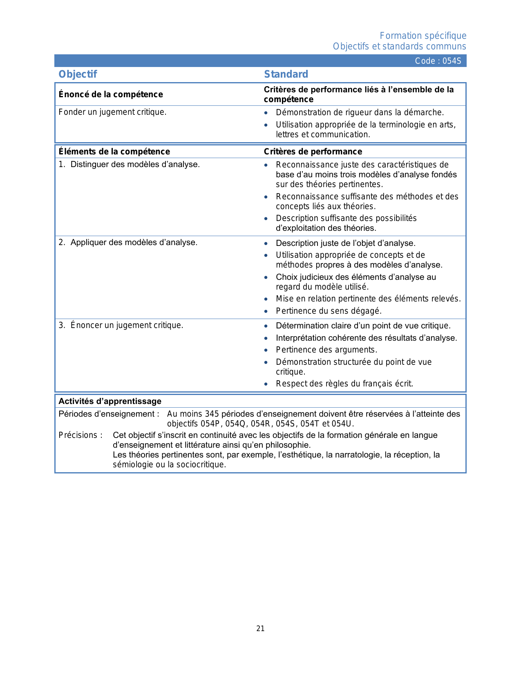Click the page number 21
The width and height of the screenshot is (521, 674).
(260, 629)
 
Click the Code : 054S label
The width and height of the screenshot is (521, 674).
(438, 61)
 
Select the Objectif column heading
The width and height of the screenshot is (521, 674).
(78, 74)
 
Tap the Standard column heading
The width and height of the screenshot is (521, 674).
(286, 74)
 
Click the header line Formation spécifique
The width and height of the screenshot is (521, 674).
(423, 36)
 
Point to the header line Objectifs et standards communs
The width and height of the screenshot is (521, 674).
(399, 47)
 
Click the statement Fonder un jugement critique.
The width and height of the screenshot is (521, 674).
(112, 112)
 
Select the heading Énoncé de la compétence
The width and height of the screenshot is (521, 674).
(110, 94)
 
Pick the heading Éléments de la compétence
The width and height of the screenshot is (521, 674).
(114, 152)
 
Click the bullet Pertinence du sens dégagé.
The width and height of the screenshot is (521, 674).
(329, 311)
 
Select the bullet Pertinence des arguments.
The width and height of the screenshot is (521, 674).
(326, 350)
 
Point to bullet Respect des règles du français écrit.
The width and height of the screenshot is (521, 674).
(344, 384)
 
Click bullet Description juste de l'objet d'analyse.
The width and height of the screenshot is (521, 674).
(345, 243)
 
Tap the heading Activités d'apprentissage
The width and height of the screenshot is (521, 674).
(110, 401)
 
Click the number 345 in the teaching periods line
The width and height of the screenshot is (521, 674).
(212, 414)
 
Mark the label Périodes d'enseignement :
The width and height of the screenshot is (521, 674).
(109, 414)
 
